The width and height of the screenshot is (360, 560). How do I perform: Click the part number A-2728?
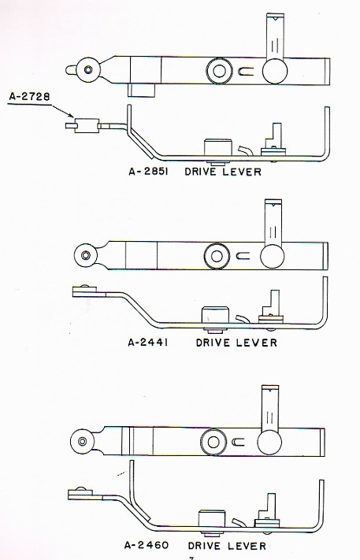[30, 97]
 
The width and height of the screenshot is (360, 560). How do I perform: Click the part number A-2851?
[148, 172]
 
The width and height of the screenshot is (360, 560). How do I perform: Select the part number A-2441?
[148, 343]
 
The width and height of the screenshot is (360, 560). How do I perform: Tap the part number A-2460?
[147, 545]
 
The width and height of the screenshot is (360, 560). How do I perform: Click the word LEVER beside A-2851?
[242, 172]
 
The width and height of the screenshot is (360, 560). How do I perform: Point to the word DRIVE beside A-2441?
[213, 343]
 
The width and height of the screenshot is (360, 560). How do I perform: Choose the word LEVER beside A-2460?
[247, 546]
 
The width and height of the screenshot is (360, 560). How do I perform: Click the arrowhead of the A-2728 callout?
[72, 115]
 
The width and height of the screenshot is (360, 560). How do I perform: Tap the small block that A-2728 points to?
[87, 125]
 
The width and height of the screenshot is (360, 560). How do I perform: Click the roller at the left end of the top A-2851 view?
[88, 69]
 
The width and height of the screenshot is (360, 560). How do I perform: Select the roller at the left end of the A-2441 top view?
[86, 255]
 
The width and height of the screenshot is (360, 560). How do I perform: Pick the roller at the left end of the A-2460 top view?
[82, 441]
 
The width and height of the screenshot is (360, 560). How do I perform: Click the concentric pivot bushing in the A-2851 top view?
[219, 70]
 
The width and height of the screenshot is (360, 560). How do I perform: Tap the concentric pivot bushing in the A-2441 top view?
[217, 256]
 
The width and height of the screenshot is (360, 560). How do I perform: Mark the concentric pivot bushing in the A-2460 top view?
[213, 442]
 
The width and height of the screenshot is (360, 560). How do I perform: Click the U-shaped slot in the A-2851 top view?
[246, 72]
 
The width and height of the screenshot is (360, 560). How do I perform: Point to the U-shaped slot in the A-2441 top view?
[243, 256]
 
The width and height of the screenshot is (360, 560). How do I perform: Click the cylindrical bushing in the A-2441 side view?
[215, 315]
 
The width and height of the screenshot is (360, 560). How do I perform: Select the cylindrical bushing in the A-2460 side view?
[212, 518]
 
